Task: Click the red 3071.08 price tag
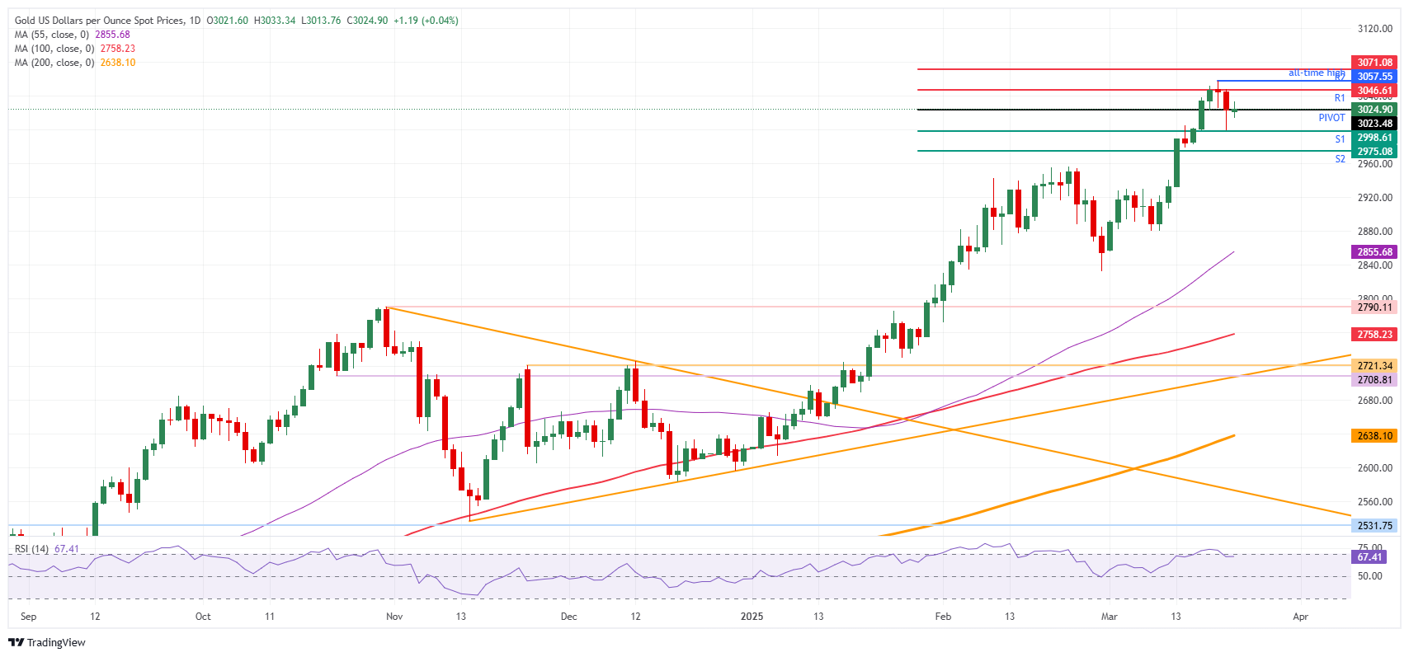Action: pyautogui.click(x=1374, y=63)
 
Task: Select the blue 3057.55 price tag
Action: pyautogui.click(x=1374, y=77)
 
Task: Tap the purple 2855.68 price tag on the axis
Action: pyautogui.click(x=1374, y=252)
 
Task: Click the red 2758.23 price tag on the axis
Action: pyautogui.click(x=1374, y=335)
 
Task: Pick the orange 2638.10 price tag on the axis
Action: pyautogui.click(x=1374, y=436)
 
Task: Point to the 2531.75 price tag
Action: pyautogui.click(x=1374, y=526)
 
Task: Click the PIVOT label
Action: pyautogui.click(x=1331, y=118)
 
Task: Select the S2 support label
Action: pyautogui.click(x=1340, y=159)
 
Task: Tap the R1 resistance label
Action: pyautogui.click(x=1340, y=98)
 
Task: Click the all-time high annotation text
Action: pyautogui.click(x=1316, y=73)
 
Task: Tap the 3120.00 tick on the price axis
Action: pyautogui.click(x=1374, y=29)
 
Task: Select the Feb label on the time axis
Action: pyautogui.click(x=943, y=617)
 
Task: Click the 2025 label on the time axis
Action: pyautogui.click(x=752, y=617)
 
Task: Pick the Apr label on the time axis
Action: pyautogui.click(x=1300, y=617)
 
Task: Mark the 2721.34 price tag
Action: pyautogui.click(x=1374, y=366)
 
